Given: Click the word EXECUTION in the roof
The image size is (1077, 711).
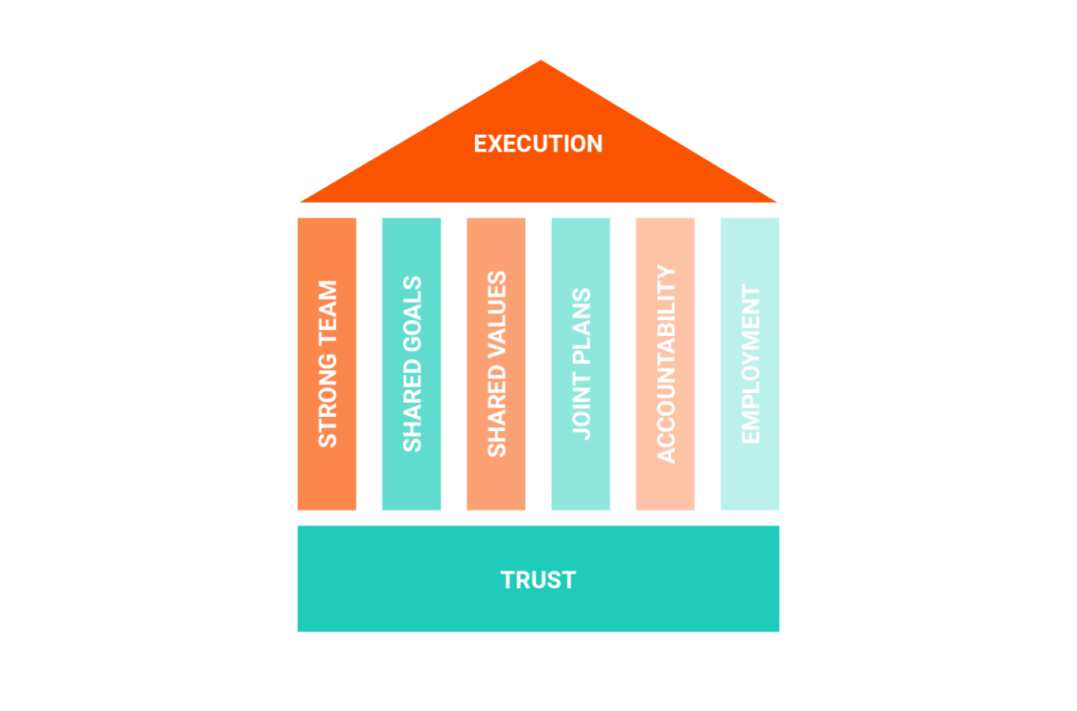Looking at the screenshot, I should (x=538, y=143).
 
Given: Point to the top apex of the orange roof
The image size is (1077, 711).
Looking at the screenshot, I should (x=540, y=61).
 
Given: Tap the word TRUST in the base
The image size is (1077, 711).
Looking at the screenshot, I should (x=538, y=579).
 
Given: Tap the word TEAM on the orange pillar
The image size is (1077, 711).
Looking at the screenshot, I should (x=327, y=312).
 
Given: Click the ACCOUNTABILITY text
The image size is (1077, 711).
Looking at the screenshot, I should (x=666, y=364).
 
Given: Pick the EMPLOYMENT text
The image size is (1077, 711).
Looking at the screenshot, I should (x=750, y=364).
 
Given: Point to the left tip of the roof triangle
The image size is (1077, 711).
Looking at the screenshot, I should (x=302, y=201).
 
